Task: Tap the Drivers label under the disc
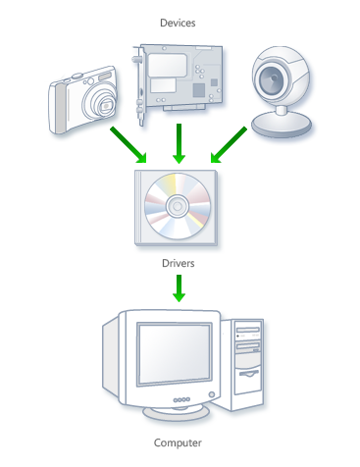[179, 263]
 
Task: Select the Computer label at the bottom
[178, 442]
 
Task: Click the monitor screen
[173, 357]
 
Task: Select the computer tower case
[248, 363]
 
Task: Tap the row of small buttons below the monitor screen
[182, 399]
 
